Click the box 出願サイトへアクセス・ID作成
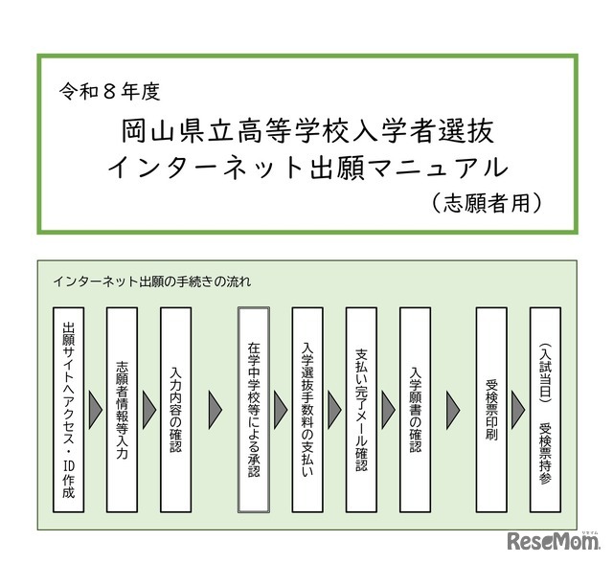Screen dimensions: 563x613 pos(69,409)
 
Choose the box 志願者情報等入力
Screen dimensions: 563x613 pos(123,409)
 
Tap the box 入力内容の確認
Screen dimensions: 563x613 pos(176,409)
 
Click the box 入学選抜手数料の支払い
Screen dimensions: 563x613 pos(307,409)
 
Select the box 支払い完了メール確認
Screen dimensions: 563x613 pos(361,409)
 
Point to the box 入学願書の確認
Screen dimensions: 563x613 pos(415,409)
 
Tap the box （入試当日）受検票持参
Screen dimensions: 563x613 pos(545,409)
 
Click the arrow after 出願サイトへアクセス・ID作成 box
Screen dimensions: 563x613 pos(96,409)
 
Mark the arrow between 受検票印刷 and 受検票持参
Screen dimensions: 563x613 pos(519,409)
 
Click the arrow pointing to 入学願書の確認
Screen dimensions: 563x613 pos(388,409)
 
